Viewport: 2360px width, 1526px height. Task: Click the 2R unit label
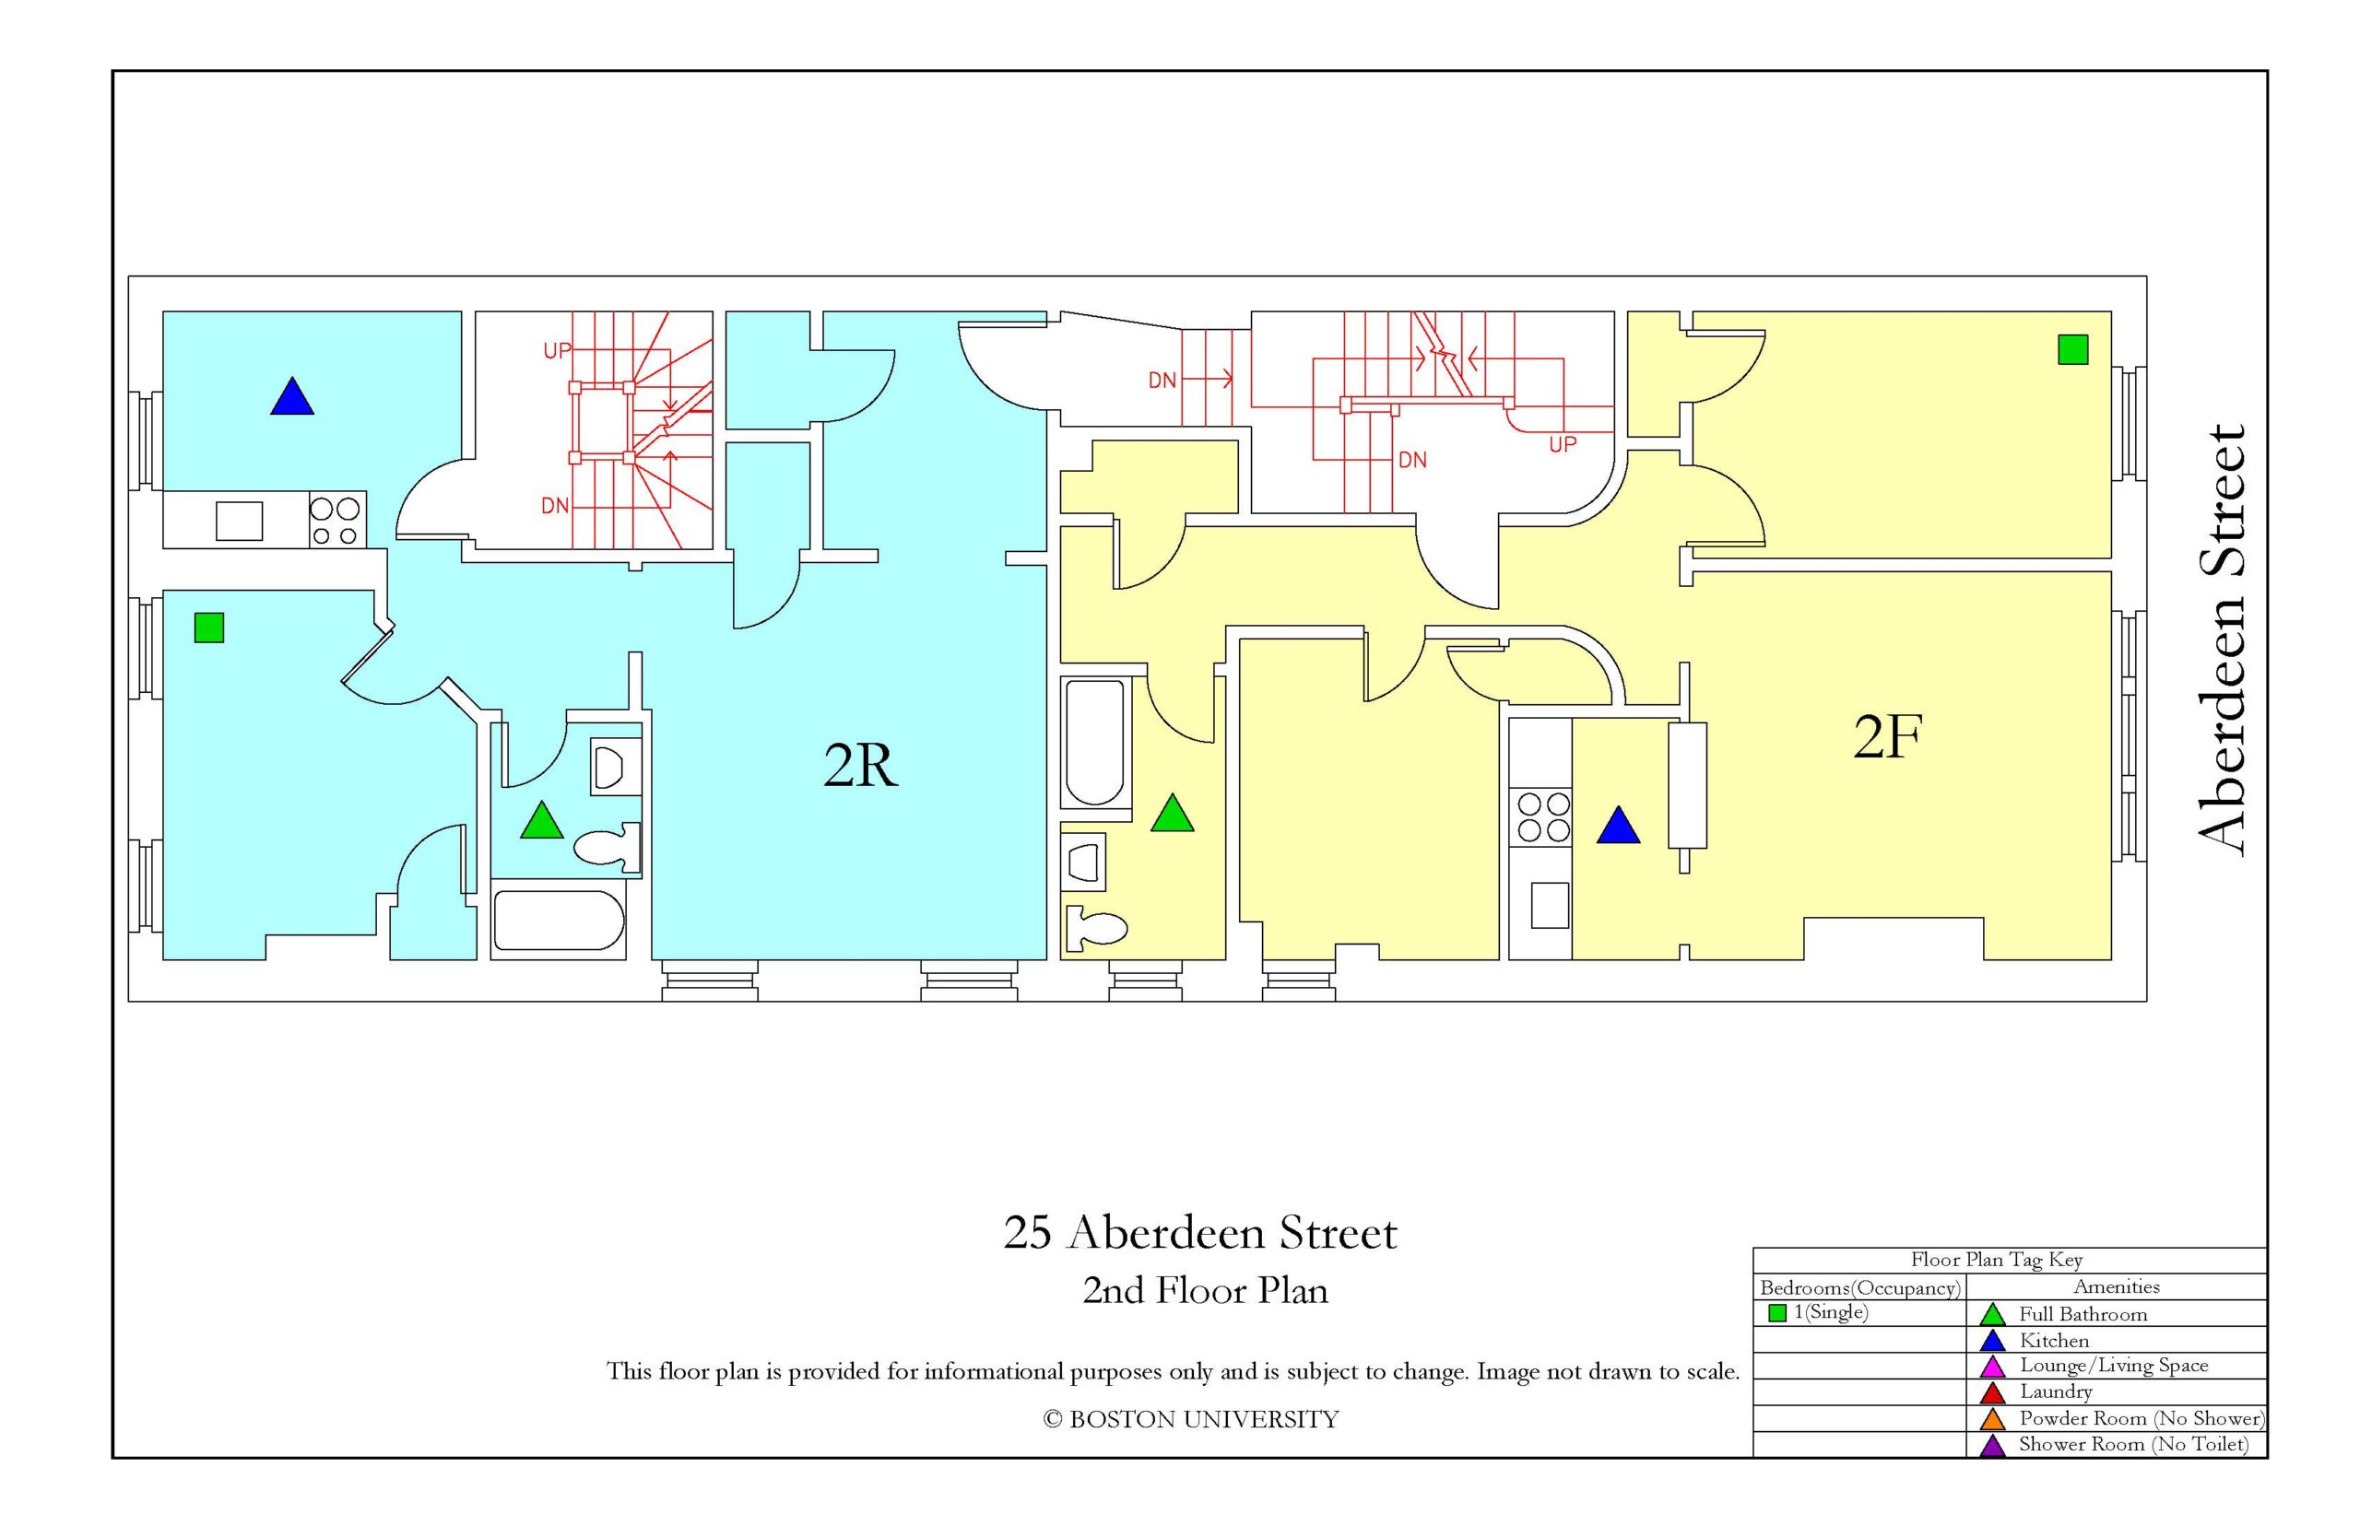[x=860, y=765]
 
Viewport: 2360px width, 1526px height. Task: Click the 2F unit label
[x=1887, y=736]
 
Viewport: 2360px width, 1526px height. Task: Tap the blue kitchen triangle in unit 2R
[x=291, y=396]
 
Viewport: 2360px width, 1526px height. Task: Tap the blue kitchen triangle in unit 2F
[x=1618, y=826]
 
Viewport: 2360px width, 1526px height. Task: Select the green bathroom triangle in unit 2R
[x=541, y=820]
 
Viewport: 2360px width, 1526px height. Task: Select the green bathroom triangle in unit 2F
[x=1172, y=813]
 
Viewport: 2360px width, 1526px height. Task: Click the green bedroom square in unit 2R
[x=209, y=628]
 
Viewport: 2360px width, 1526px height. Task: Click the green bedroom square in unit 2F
[x=2072, y=350]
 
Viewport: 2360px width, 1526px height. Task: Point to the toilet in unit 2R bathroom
[x=607, y=848]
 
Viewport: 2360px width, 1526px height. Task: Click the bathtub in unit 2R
[x=559, y=921]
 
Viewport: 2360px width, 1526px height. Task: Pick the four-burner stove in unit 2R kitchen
[x=336, y=521]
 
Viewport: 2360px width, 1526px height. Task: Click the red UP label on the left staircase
[x=556, y=350]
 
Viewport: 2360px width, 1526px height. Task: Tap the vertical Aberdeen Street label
[x=2221, y=640]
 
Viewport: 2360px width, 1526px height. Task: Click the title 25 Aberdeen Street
[x=1200, y=1234]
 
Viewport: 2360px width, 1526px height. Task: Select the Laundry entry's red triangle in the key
[x=1992, y=1393]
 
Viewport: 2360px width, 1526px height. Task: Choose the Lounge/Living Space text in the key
[x=2113, y=1366]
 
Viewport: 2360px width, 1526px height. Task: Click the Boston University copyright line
[x=1190, y=1419]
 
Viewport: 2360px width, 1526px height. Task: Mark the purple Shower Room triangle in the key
[x=1992, y=1446]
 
